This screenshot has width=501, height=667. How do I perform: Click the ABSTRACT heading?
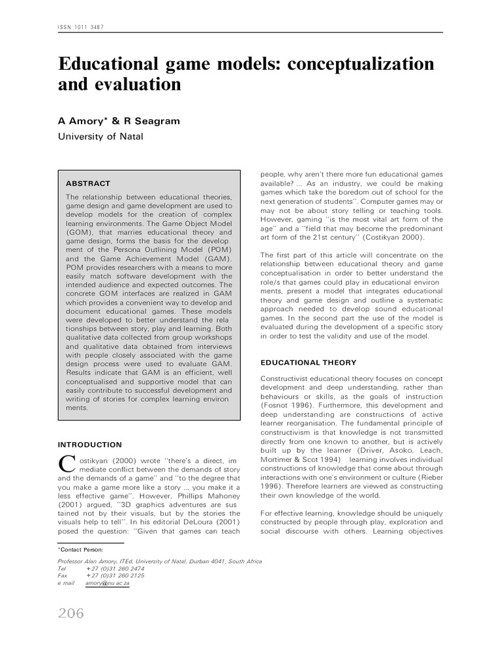click(88, 184)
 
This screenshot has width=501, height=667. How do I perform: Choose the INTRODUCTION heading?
click(90, 445)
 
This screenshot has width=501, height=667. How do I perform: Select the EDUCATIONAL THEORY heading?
click(309, 362)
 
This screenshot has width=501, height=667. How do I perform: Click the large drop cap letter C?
click(66, 464)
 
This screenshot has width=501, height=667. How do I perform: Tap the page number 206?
click(71, 613)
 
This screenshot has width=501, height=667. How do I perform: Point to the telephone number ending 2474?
click(115, 568)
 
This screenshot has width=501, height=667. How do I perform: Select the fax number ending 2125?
click(115, 576)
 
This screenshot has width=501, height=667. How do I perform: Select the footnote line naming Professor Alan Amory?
click(160, 561)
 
